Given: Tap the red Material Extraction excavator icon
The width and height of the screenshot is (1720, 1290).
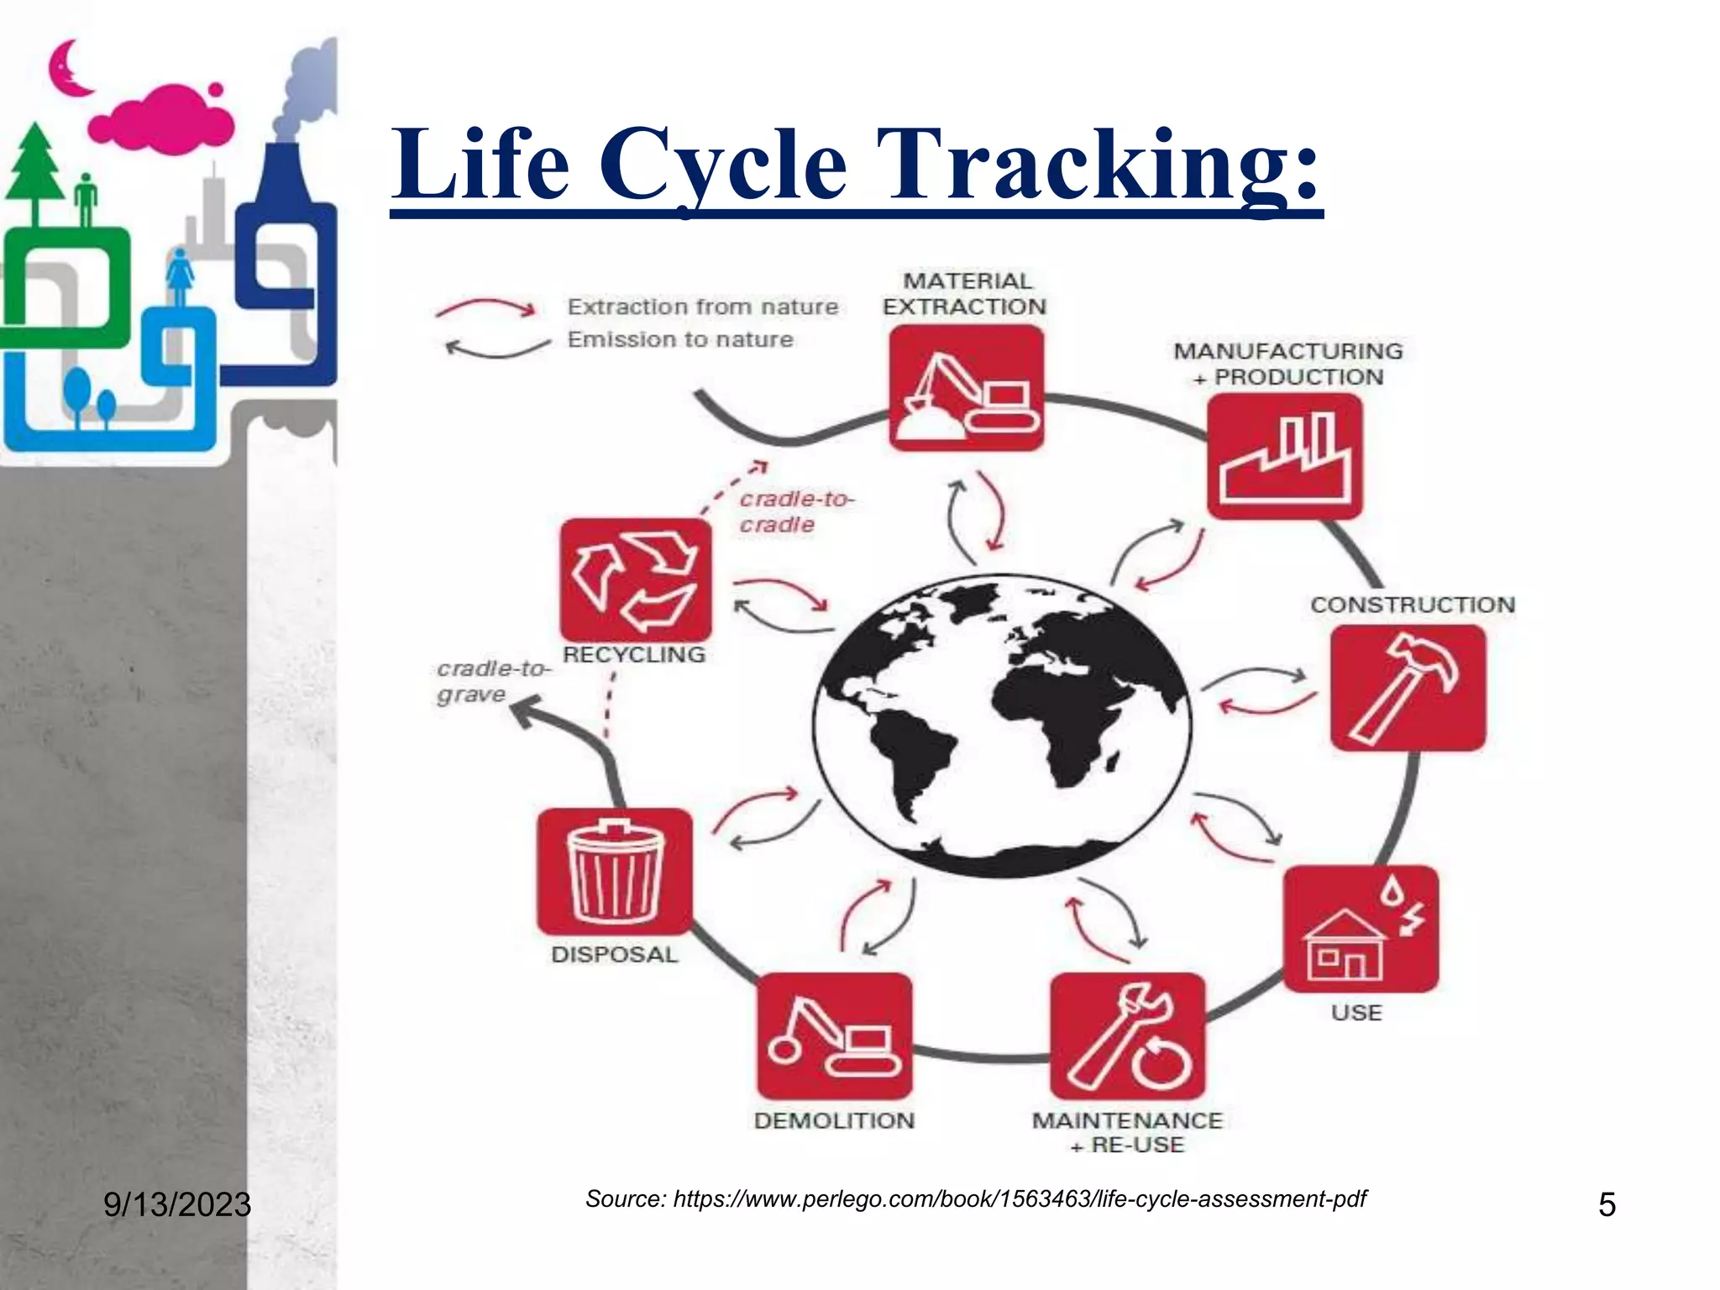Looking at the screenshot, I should tap(966, 388).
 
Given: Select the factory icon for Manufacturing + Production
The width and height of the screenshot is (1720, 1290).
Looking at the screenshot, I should tap(1284, 456).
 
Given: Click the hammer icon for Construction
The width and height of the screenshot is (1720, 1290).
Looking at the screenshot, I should tap(1408, 688).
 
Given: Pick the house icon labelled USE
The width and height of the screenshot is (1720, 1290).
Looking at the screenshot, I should tap(1361, 928).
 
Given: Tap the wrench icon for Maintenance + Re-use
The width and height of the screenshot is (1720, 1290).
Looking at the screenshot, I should tap(1127, 1036).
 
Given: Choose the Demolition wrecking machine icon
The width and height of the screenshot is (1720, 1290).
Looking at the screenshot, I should tap(834, 1036).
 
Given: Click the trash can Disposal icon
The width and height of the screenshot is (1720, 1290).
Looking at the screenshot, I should tap(615, 871).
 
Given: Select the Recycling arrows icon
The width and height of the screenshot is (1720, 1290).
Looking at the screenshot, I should tap(636, 579).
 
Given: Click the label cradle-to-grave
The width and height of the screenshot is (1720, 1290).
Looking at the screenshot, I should tap(491, 681).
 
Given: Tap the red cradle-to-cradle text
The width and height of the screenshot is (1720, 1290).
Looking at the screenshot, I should tap(794, 511).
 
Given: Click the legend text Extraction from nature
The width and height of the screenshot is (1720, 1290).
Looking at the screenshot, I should tap(702, 307).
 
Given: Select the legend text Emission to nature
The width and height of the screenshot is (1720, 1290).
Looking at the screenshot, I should tap(679, 339).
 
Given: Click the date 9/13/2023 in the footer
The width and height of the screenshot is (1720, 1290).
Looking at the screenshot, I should tap(177, 1204).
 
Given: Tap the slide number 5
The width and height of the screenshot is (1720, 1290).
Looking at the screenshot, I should tap(1606, 1204).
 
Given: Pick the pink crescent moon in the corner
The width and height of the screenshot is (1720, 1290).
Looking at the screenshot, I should tap(67, 69).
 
